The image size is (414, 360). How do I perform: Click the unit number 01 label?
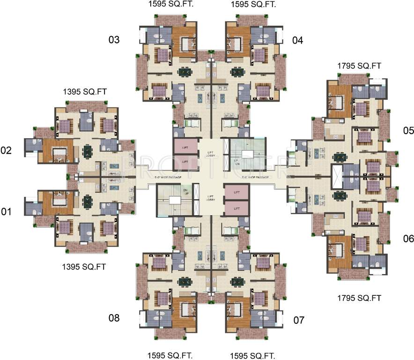click(6, 212)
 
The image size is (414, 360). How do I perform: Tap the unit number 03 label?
click(114, 40)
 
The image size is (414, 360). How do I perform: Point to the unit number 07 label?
click(299, 321)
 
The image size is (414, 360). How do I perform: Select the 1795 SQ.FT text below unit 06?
click(359, 297)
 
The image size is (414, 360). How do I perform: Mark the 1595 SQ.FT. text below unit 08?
click(170, 354)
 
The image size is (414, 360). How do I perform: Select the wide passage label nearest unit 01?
click(167, 177)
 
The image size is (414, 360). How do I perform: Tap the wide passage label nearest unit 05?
click(255, 177)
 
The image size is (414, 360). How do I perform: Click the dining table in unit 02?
click(88, 151)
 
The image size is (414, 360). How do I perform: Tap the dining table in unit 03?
click(184, 72)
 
